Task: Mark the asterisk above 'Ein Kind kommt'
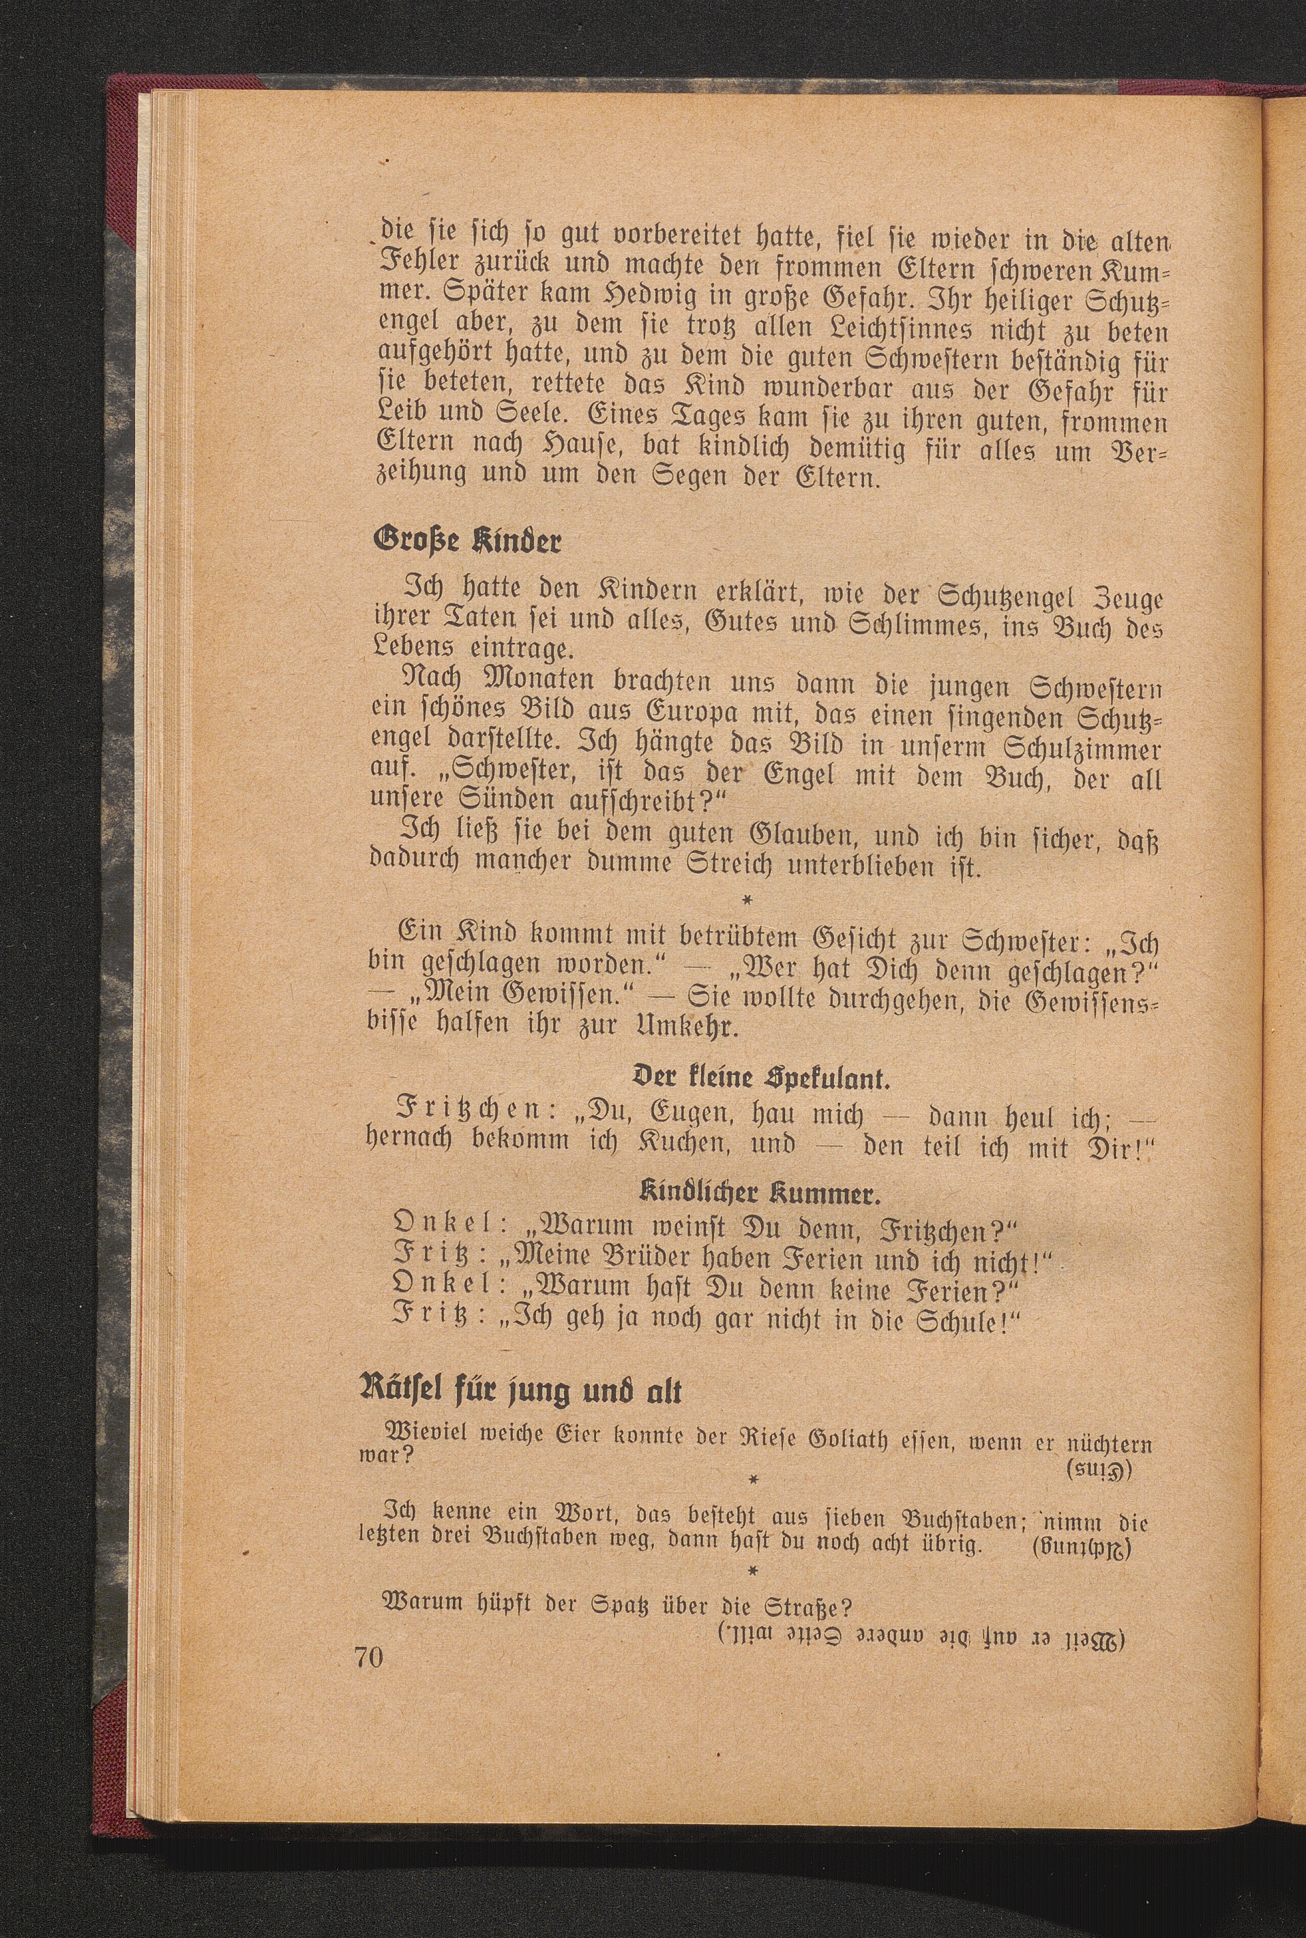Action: [x=747, y=900]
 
